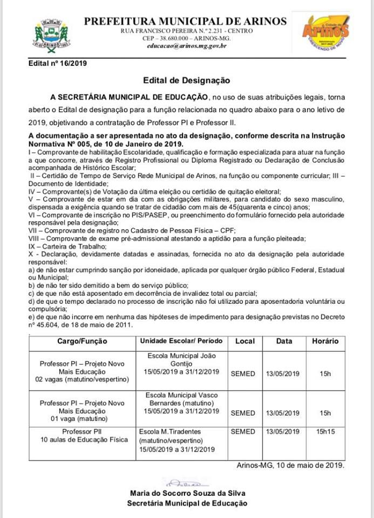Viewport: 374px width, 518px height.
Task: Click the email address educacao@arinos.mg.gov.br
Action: pyautogui.click(x=186, y=46)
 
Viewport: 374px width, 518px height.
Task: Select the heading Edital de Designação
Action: pyautogui.click(x=186, y=80)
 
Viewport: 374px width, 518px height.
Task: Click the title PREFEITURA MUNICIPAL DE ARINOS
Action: pyautogui.click(x=186, y=21)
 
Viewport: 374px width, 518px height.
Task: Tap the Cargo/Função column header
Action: pyautogui.click(x=83, y=341)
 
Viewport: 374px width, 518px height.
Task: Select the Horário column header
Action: pyautogui.click(x=325, y=341)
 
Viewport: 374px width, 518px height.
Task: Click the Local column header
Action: pyautogui.click(x=244, y=341)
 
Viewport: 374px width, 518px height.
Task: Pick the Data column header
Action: pyautogui.click(x=284, y=341)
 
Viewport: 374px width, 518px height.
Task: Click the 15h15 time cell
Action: pyautogui.click(x=325, y=432)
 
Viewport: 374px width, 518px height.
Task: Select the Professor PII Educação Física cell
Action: pyautogui.click(x=82, y=436)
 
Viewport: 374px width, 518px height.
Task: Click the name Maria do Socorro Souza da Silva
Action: pyautogui.click(x=187, y=493)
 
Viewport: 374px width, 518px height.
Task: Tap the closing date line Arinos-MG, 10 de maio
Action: pyautogui.click(x=290, y=465)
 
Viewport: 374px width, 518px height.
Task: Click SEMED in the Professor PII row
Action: pyautogui.click(x=243, y=432)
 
